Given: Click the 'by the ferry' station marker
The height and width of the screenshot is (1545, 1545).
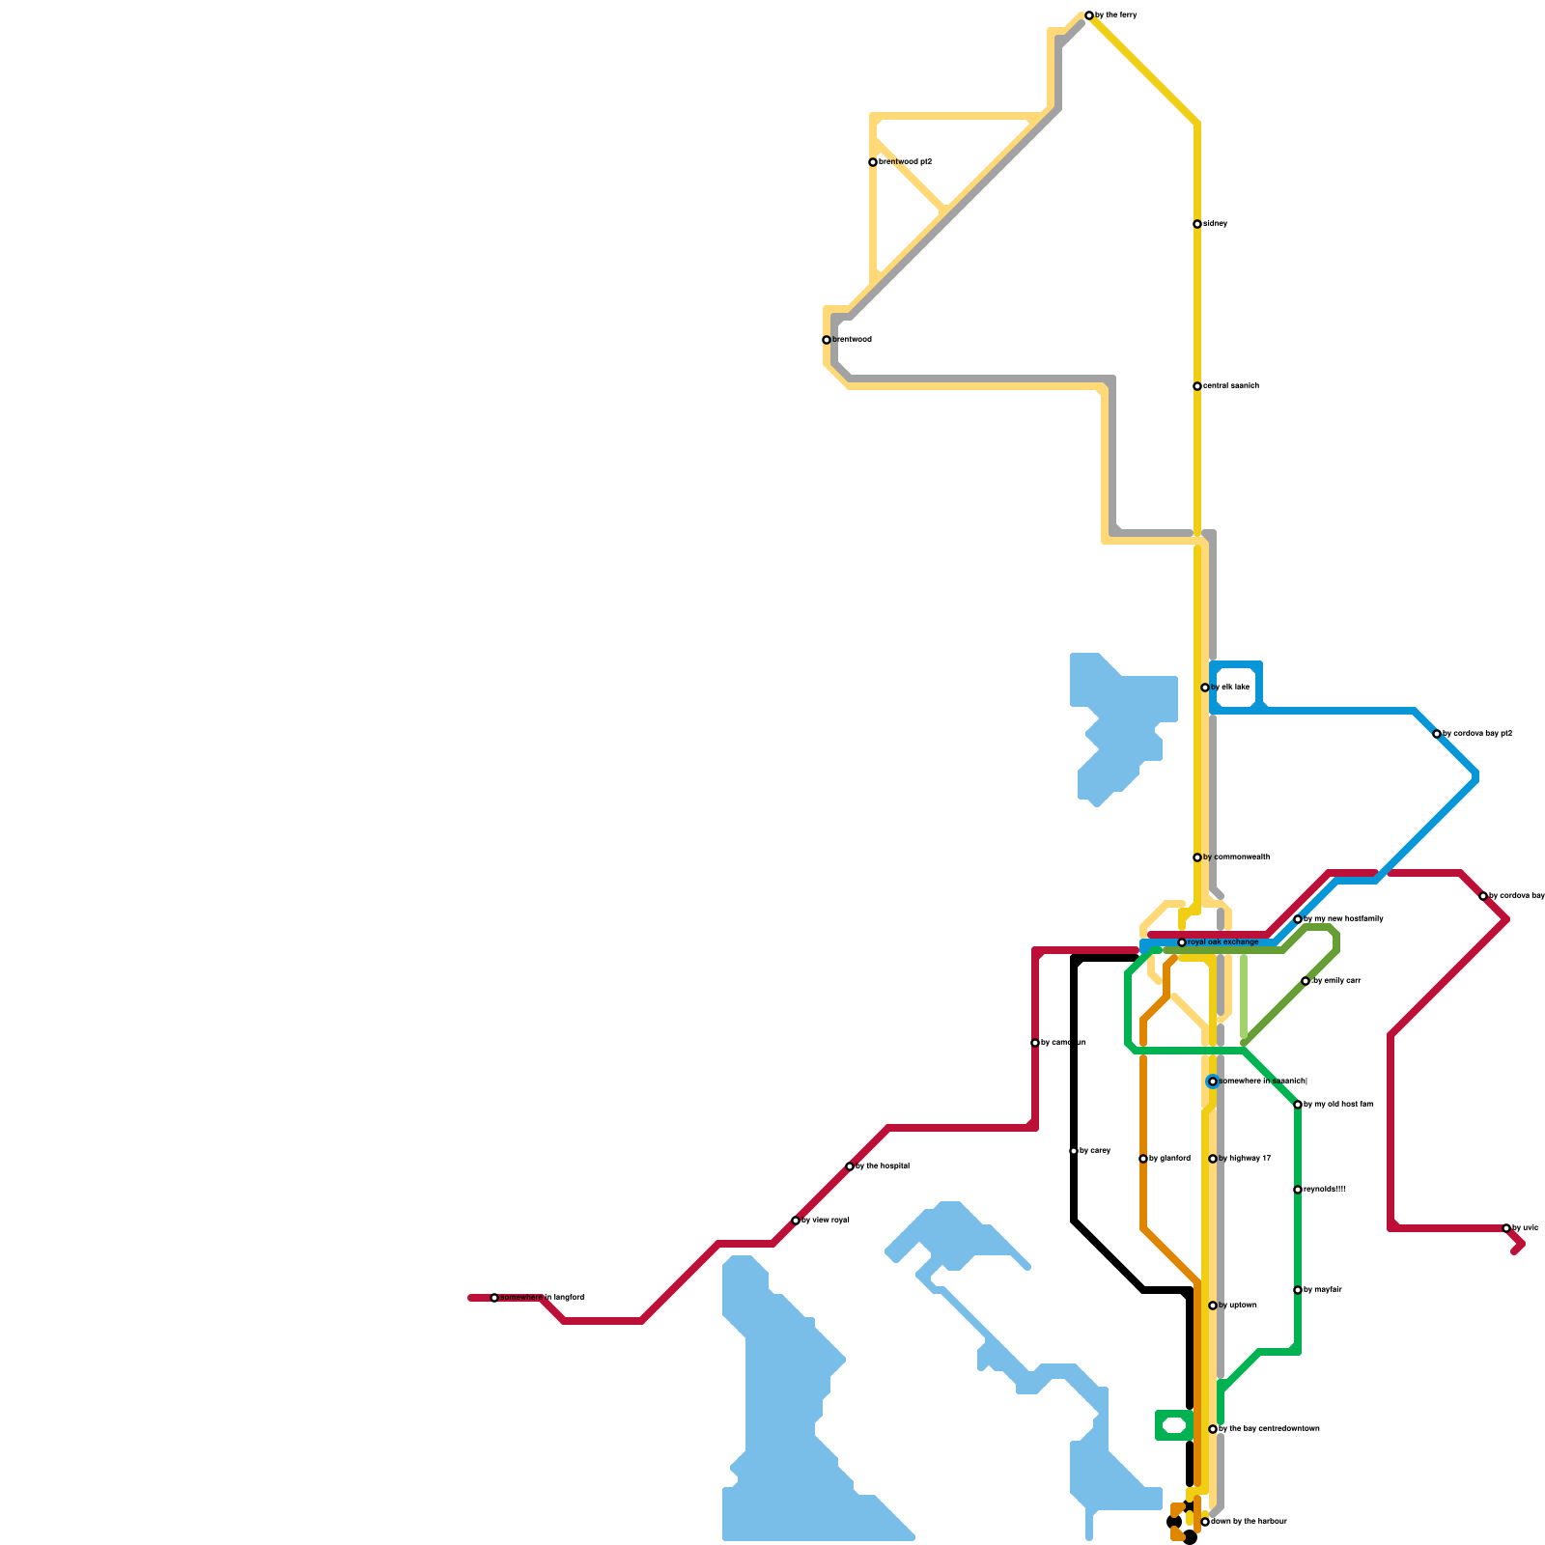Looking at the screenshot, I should tap(1089, 15).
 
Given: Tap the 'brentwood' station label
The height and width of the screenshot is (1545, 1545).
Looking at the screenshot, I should tap(852, 340).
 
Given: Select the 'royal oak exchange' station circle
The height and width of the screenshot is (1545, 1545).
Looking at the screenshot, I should tap(1182, 942).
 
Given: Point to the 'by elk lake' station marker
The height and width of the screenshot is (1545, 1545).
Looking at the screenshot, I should tap(1205, 688).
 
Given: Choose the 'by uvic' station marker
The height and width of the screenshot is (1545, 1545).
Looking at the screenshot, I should tap(1506, 1228).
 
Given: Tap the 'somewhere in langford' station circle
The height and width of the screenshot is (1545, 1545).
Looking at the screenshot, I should tap(494, 1298).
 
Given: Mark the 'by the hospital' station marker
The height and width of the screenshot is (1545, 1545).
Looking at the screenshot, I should tap(850, 1166).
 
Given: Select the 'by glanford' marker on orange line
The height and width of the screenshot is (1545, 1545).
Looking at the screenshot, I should tap(1143, 1159).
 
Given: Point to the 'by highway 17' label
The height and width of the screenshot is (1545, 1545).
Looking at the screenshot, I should tap(1245, 1159).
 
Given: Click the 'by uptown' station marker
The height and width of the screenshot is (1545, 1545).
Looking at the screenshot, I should tap(1213, 1306).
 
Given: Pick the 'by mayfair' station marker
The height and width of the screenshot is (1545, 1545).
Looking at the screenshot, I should tap(1298, 1290).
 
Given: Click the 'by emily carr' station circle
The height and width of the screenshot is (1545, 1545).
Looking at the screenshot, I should tap(1306, 981).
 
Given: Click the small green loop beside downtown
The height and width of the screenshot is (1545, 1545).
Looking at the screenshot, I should tap(1174, 1425).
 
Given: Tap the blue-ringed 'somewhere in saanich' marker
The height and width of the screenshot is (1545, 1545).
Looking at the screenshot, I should tap(1213, 1081).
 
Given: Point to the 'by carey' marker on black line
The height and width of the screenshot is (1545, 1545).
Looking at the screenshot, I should tap(1074, 1151).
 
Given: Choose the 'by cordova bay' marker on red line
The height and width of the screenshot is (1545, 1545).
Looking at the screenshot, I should tap(1483, 896).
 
